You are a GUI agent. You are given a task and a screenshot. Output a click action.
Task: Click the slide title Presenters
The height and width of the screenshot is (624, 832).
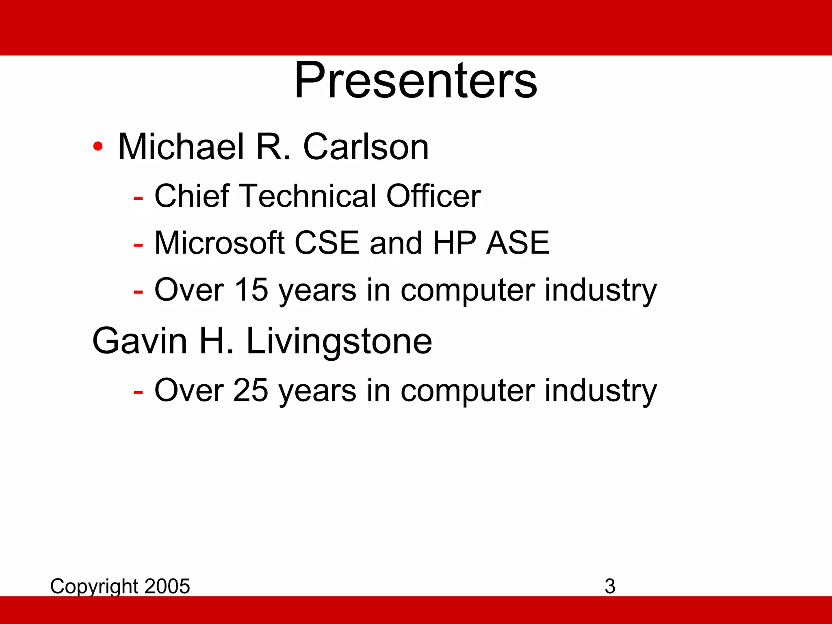tap(416, 81)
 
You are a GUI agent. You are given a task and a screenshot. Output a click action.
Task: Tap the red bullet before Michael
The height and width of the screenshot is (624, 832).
tap(97, 146)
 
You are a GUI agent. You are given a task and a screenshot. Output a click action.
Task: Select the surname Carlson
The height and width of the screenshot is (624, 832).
tap(366, 147)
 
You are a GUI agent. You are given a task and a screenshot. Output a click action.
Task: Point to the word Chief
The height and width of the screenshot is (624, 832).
tap(192, 196)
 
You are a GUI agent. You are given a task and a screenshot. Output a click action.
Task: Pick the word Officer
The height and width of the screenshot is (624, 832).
tap(433, 196)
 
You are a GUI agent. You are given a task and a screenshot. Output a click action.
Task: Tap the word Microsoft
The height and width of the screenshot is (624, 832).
tap(219, 243)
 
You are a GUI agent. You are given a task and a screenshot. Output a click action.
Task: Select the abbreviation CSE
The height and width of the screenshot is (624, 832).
tap(327, 243)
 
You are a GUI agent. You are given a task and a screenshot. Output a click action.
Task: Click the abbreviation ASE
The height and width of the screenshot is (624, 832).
tap(518, 243)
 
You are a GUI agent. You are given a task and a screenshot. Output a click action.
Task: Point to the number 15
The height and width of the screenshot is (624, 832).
tap(251, 290)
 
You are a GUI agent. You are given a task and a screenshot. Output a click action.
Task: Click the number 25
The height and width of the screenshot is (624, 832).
tap(251, 390)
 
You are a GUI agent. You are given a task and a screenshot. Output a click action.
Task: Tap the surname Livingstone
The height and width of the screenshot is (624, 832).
tap(339, 341)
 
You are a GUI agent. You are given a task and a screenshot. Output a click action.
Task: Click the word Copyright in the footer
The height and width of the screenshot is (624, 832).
tap(94, 587)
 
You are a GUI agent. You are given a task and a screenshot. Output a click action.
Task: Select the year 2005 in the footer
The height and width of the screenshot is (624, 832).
tap(167, 586)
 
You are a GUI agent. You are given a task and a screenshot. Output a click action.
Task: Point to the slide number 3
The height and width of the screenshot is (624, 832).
tap(610, 586)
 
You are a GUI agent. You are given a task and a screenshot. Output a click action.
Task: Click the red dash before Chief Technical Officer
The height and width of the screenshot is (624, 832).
tap(138, 198)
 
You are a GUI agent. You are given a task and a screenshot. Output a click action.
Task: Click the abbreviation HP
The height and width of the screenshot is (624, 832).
tap(455, 243)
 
